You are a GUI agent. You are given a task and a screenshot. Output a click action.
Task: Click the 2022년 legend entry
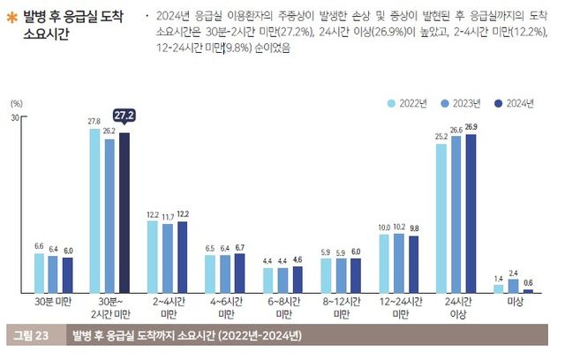point(411,103)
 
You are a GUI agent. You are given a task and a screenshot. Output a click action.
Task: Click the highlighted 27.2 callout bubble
point(124,116)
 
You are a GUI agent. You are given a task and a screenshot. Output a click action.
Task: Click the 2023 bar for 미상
point(513,285)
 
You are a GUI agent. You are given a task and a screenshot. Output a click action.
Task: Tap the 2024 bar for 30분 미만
point(68,274)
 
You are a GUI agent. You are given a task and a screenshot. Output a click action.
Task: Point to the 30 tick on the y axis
point(15,117)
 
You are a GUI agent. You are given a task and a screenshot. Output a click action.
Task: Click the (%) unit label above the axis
point(15,103)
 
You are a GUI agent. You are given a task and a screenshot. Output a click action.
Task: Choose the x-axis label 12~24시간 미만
point(399,306)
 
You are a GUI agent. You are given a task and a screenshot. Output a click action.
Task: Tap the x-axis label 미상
point(513,301)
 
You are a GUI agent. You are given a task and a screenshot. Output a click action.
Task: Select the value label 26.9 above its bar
point(471,128)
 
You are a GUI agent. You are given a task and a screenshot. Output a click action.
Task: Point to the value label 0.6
point(528,281)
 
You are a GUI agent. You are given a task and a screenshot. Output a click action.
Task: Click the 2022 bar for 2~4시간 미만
point(152,256)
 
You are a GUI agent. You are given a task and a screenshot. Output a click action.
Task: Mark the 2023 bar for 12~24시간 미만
point(398,262)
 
